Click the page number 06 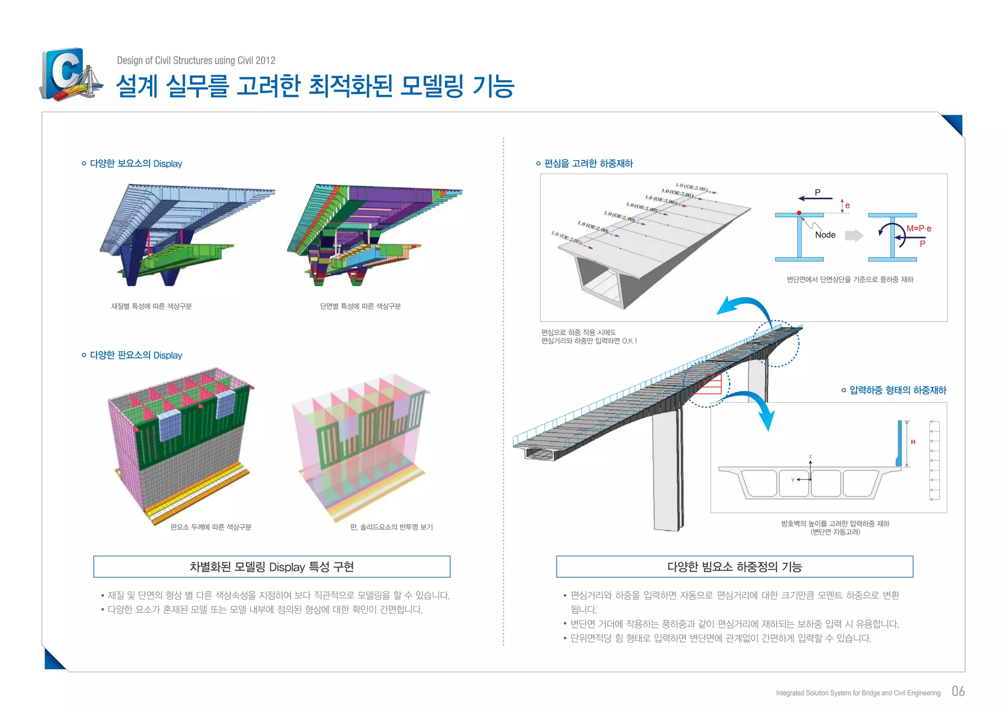coord(958,691)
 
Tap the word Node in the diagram coord(825,235)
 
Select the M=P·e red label coord(918,229)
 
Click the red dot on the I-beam coord(799,213)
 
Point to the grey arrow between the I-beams coord(854,236)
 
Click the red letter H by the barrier coord(913,442)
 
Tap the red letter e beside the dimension coord(848,206)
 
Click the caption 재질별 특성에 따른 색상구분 coord(151,306)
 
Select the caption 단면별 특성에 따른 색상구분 coord(360,306)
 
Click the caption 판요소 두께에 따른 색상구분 coord(211,527)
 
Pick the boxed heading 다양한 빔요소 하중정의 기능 coord(734,567)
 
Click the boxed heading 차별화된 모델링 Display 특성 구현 coord(271,567)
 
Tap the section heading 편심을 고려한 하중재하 coord(589,164)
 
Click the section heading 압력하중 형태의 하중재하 coord(897,390)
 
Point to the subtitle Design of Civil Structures coord(196,60)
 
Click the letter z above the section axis coord(810,457)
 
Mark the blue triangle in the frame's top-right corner coord(954,123)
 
